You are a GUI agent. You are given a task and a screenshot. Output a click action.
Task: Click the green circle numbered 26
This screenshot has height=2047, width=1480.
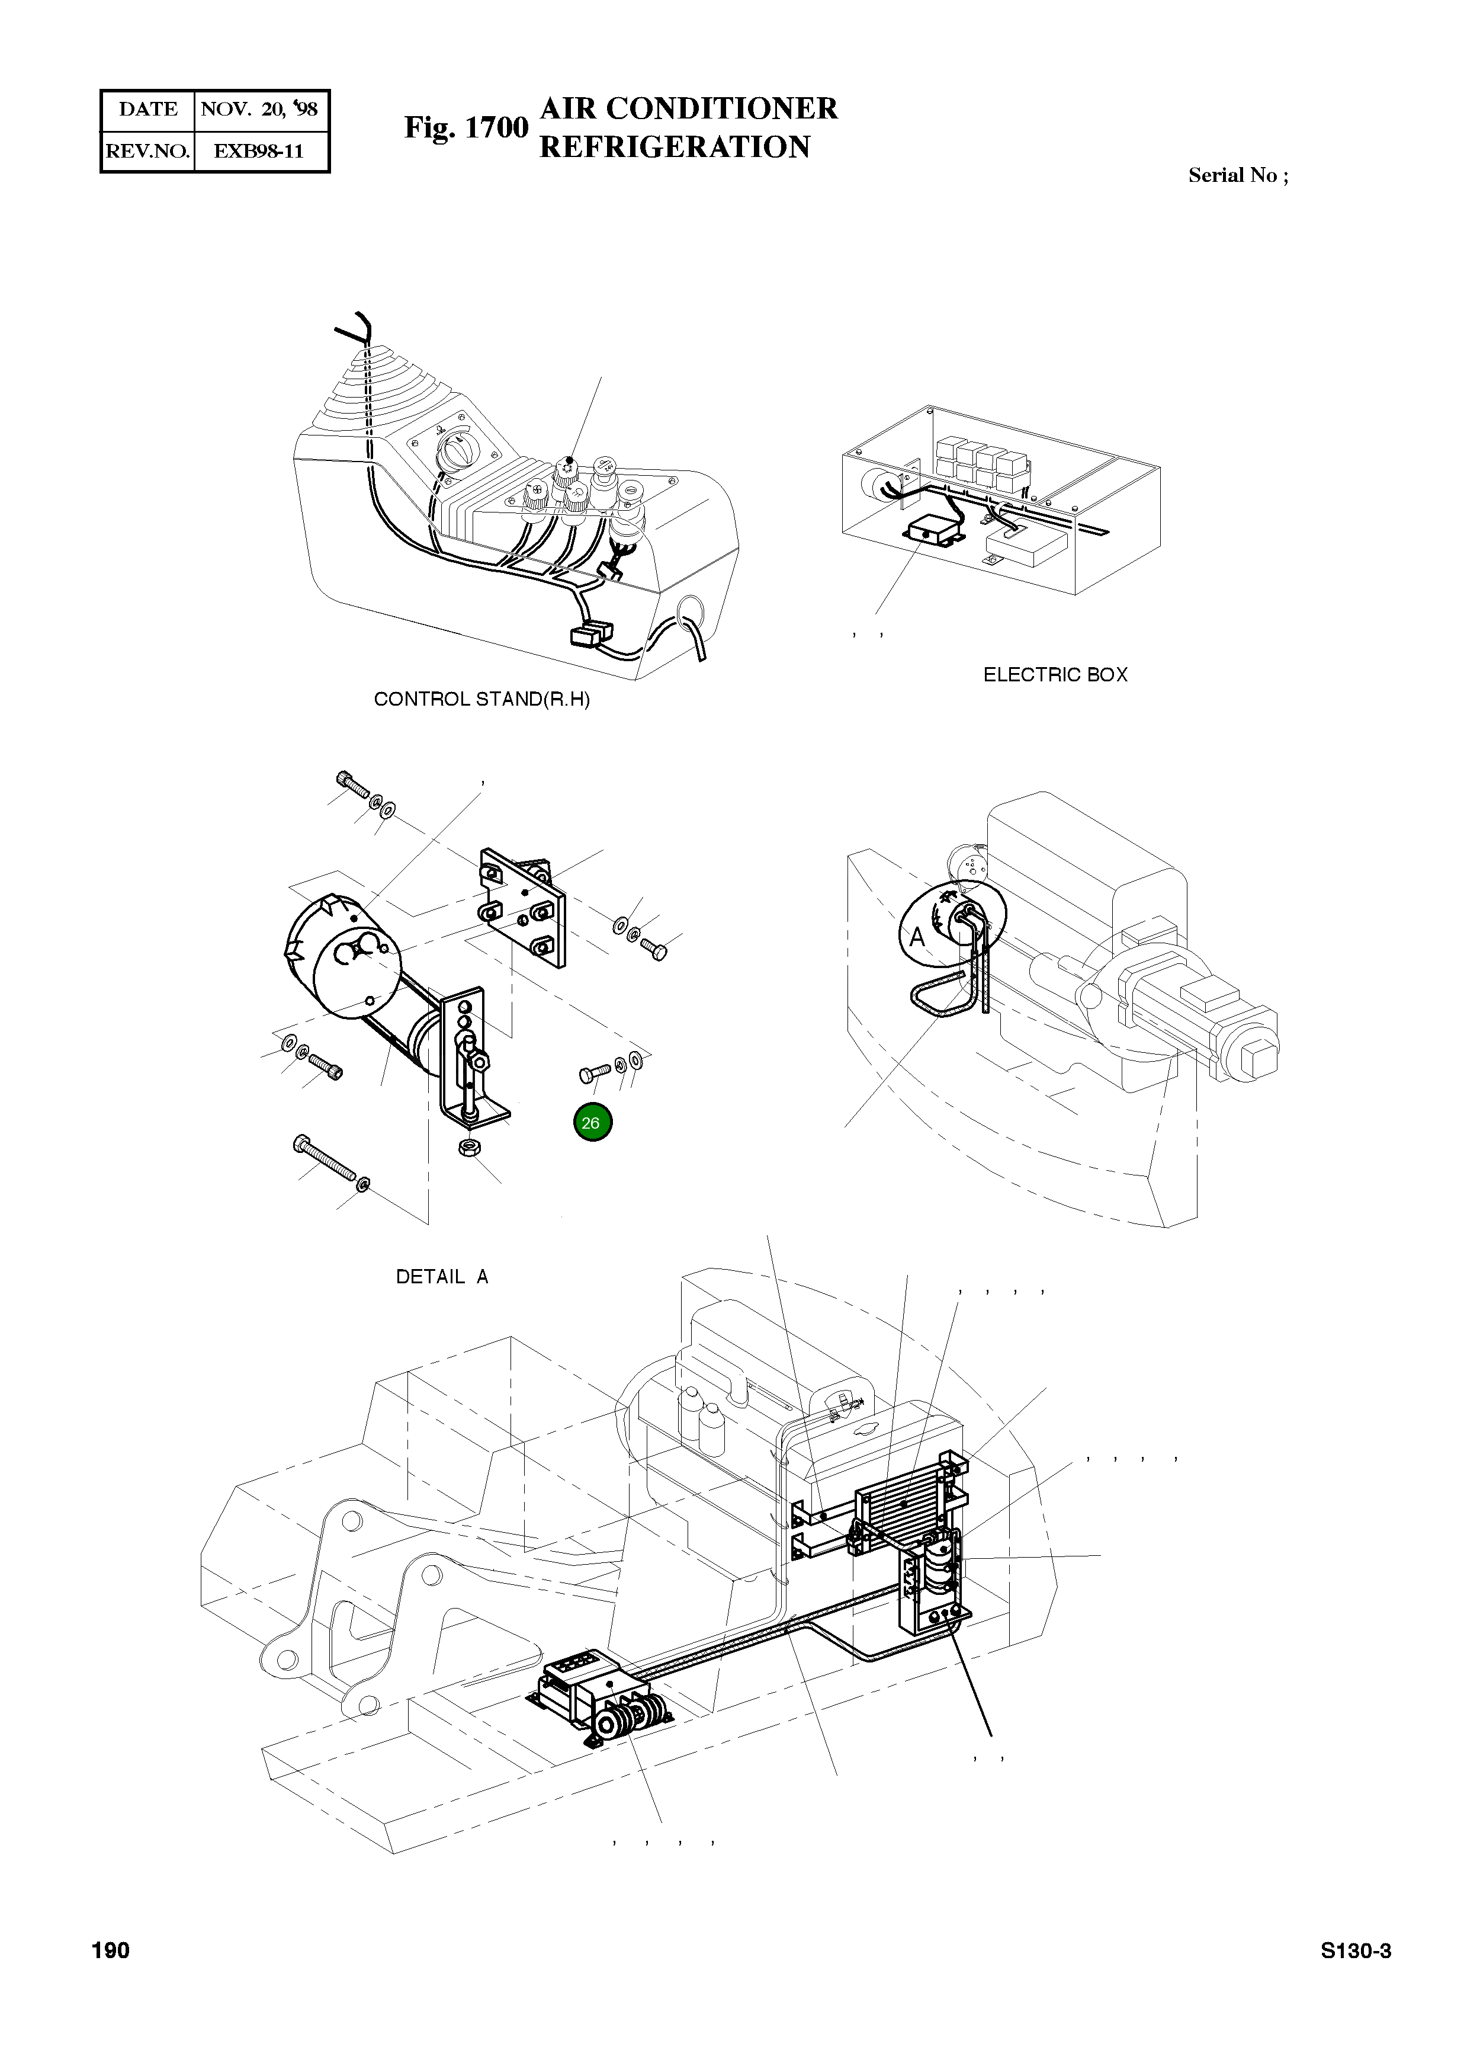click(x=591, y=1123)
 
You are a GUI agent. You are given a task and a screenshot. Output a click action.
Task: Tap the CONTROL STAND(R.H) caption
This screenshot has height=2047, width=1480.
click(x=482, y=700)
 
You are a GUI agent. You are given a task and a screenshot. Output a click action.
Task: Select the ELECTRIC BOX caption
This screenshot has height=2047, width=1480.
click(x=1055, y=674)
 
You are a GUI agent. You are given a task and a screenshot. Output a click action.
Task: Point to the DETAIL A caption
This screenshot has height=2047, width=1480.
click(x=442, y=1277)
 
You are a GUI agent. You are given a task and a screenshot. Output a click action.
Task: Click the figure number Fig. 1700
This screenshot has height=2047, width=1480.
click(x=465, y=128)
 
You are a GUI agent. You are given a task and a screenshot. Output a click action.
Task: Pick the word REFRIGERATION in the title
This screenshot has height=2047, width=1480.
click(x=674, y=146)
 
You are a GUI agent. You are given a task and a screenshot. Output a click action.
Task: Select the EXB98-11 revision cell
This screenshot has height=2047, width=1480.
click(x=258, y=150)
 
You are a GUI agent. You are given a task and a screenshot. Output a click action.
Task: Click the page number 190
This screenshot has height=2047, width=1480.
click(x=111, y=1950)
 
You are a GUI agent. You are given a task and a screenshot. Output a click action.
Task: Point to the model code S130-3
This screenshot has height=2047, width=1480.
click(x=1356, y=1950)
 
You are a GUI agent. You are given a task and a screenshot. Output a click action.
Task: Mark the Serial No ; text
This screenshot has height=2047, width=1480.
click(x=1238, y=175)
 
